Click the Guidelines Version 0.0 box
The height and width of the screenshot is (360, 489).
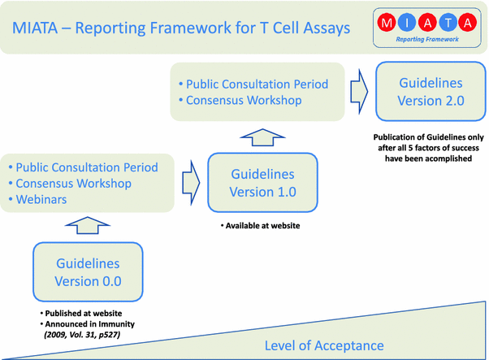coord(88,271)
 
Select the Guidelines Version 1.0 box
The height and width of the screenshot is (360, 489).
coord(262,183)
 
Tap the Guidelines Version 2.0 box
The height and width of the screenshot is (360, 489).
coord(431,91)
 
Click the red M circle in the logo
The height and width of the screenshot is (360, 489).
coord(387,23)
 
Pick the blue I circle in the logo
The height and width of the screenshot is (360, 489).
coord(407,23)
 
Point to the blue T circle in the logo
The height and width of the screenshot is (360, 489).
coord(448,23)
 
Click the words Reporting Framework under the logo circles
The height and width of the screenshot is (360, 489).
coord(427,39)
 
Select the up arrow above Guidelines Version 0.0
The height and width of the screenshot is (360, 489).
coord(88,225)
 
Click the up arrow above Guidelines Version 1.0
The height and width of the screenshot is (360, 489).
coord(262,137)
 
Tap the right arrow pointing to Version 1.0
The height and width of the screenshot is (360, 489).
coord(191,183)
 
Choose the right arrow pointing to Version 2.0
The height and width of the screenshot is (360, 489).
coord(359,92)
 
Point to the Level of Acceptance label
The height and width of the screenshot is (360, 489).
coord(324,345)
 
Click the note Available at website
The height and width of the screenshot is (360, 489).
coord(261,226)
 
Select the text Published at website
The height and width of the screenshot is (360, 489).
coord(81,313)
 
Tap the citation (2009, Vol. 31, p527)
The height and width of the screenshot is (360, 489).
coord(82,335)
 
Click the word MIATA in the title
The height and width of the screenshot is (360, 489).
coord(35,28)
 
